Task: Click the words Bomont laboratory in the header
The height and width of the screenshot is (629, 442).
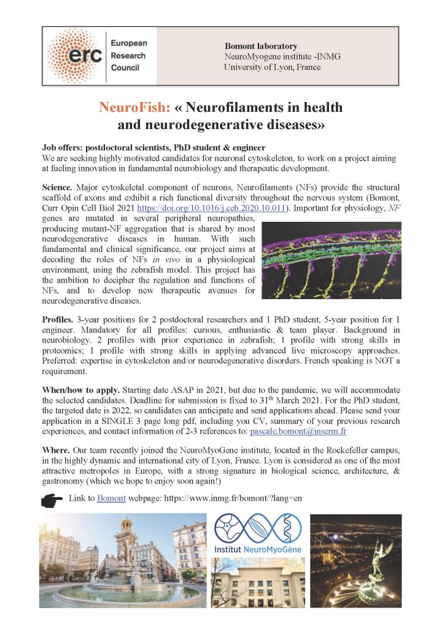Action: click(261, 46)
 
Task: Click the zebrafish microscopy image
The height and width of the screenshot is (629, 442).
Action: click(331, 260)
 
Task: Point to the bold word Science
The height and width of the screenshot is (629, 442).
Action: click(58, 186)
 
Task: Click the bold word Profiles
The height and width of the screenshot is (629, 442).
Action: click(58, 320)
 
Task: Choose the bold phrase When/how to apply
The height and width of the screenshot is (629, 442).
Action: click(82, 390)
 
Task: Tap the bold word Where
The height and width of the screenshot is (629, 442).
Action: click(56, 450)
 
